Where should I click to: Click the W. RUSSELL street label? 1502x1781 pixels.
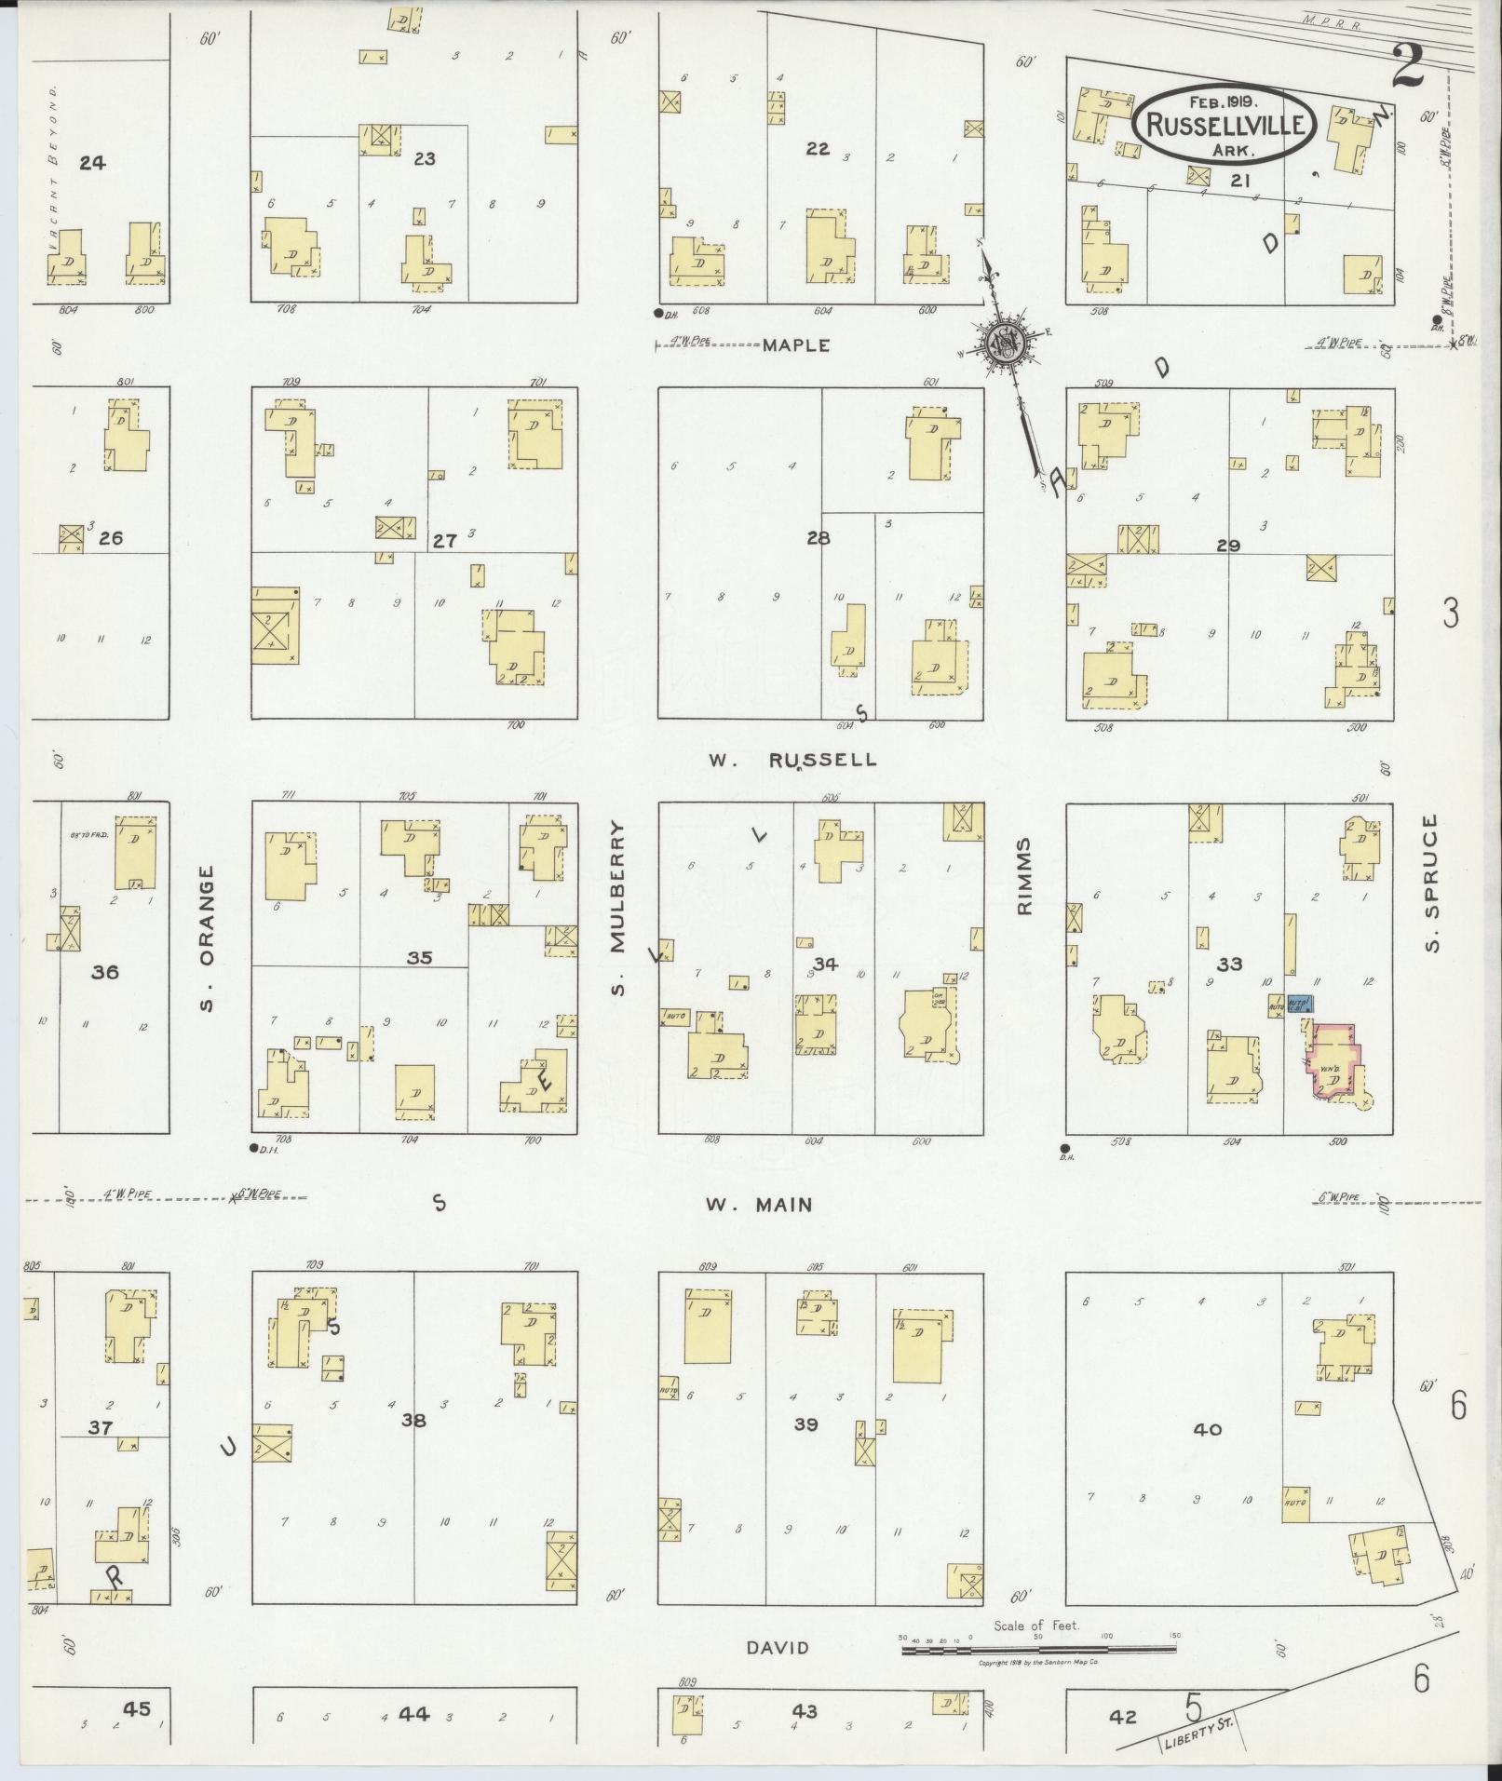(x=792, y=760)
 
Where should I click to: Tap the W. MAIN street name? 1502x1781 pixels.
(x=758, y=1205)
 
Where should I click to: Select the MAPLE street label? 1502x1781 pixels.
(x=795, y=345)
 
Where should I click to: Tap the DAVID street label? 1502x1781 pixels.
(x=777, y=1648)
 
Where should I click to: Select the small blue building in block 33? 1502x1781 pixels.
(x=1300, y=1005)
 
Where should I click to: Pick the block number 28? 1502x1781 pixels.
(x=819, y=538)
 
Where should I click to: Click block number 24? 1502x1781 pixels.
(x=92, y=164)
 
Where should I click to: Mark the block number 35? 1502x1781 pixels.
(x=419, y=957)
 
